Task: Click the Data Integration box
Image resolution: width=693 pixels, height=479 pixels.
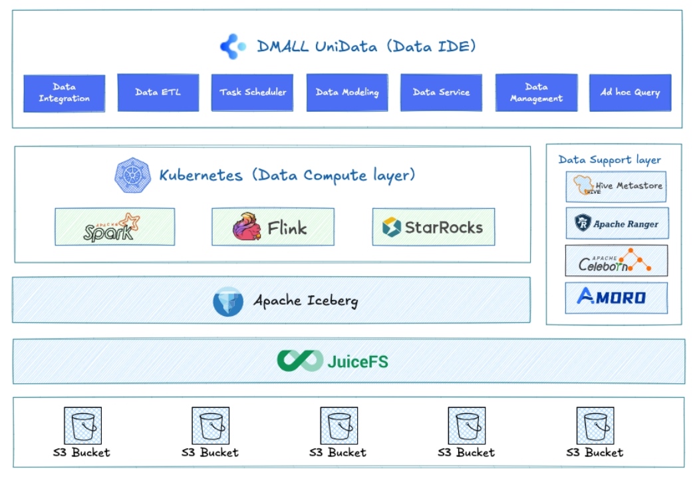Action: (x=65, y=92)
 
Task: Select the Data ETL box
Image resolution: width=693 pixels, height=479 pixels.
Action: (x=158, y=92)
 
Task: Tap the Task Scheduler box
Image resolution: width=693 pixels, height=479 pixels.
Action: (x=253, y=92)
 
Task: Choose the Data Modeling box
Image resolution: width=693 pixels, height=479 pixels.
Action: (x=347, y=92)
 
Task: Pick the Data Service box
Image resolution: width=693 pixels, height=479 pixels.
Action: (x=441, y=92)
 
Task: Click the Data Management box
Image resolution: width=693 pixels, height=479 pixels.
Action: (x=536, y=92)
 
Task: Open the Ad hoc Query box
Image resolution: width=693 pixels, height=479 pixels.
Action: (x=630, y=92)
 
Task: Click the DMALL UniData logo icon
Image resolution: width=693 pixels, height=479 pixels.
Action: (x=233, y=47)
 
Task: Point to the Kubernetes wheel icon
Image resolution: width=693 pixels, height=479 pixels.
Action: (x=132, y=176)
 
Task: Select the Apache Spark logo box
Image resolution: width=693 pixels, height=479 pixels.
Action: (x=115, y=227)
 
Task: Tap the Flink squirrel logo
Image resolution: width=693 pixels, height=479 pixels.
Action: (x=247, y=227)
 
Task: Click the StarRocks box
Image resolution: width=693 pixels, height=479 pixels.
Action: (x=434, y=227)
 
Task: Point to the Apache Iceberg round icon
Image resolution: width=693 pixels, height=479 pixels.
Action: (x=228, y=301)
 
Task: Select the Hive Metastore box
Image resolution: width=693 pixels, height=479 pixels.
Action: (x=616, y=187)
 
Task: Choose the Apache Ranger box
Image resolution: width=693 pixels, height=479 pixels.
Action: (x=616, y=224)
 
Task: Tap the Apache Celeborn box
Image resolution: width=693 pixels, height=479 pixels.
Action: (x=616, y=260)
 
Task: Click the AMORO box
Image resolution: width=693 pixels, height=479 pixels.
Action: (x=616, y=297)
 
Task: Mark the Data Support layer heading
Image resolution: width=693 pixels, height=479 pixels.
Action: (x=610, y=160)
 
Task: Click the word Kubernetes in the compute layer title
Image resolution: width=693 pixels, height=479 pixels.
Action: (x=201, y=176)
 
